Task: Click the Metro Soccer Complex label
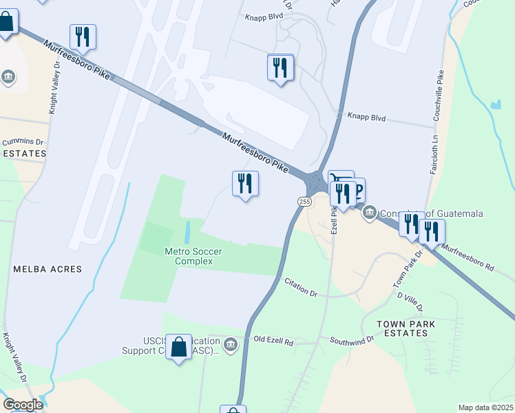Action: [193, 256]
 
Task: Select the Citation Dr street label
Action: [299, 288]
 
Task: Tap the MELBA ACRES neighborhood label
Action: [48, 269]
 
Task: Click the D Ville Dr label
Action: [410, 301]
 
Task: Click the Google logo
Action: [23, 405]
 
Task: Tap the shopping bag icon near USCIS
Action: [179, 347]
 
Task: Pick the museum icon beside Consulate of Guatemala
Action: [370, 213]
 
